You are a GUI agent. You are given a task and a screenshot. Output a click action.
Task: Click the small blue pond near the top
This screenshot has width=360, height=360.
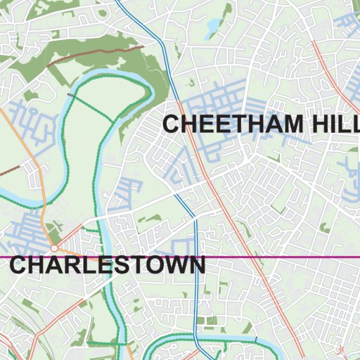click(x=212, y=27)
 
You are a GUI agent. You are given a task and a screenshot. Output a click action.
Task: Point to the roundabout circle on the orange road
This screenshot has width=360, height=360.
click(x=54, y=248)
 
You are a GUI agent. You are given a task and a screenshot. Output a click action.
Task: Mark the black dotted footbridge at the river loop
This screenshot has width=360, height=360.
click(x=70, y=93)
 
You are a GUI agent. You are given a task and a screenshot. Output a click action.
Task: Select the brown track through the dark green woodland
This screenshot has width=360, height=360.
click(x=98, y=56)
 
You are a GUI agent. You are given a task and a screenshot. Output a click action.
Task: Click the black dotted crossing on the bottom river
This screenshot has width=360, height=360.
click(x=256, y=340)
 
